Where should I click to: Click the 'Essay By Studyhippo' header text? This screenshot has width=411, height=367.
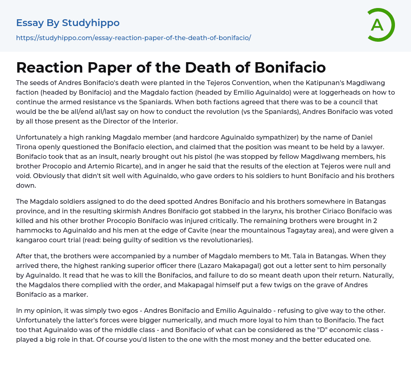tap(68, 23)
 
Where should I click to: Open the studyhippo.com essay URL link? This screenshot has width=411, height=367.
tap(133, 38)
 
